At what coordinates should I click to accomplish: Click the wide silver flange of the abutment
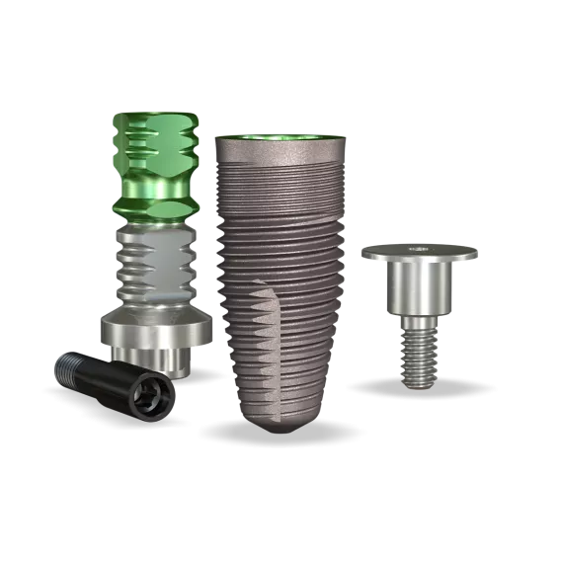point(154,330)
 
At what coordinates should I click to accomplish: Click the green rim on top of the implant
point(280,138)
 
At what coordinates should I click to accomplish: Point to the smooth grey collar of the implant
point(280,152)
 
